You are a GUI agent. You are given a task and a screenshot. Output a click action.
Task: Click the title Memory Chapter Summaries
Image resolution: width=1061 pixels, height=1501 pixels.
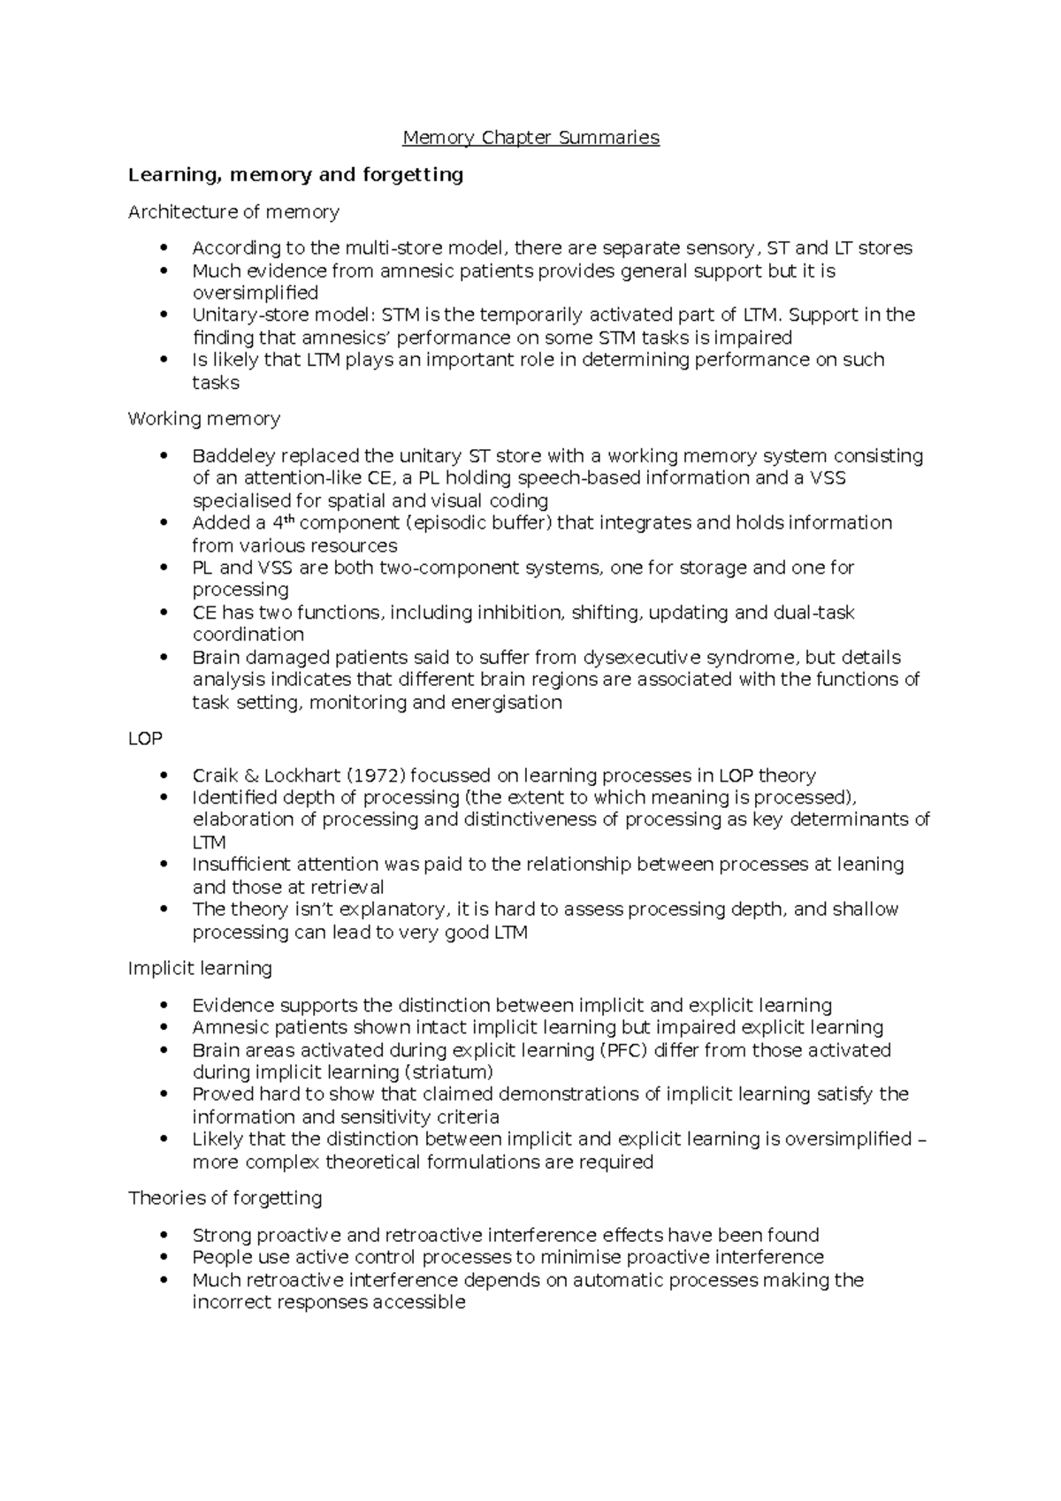click(530, 138)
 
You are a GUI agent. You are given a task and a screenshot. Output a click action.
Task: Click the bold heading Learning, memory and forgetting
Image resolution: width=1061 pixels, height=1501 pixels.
click(295, 175)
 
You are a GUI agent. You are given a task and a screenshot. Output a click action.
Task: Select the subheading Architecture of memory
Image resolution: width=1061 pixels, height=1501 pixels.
click(233, 212)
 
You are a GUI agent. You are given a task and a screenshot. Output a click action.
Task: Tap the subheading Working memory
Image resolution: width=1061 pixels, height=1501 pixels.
click(203, 419)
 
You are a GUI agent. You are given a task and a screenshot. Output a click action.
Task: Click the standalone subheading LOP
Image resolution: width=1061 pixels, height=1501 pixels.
click(145, 738)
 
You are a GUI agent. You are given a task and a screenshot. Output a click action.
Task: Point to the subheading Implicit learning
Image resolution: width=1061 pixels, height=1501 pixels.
click(200, 969)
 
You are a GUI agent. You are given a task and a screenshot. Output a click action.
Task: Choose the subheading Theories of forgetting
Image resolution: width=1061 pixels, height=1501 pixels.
click(225, 1199)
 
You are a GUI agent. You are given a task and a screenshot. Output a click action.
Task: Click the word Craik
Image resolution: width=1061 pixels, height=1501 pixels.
click(216, 776)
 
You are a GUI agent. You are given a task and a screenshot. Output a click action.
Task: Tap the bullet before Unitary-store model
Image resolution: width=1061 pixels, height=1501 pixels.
click(164, 316)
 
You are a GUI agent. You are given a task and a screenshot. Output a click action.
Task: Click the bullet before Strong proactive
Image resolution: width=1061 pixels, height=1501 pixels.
click(164, 1236)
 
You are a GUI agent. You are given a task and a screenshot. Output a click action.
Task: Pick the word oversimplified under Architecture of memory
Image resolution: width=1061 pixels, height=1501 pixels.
click(255, 293)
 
